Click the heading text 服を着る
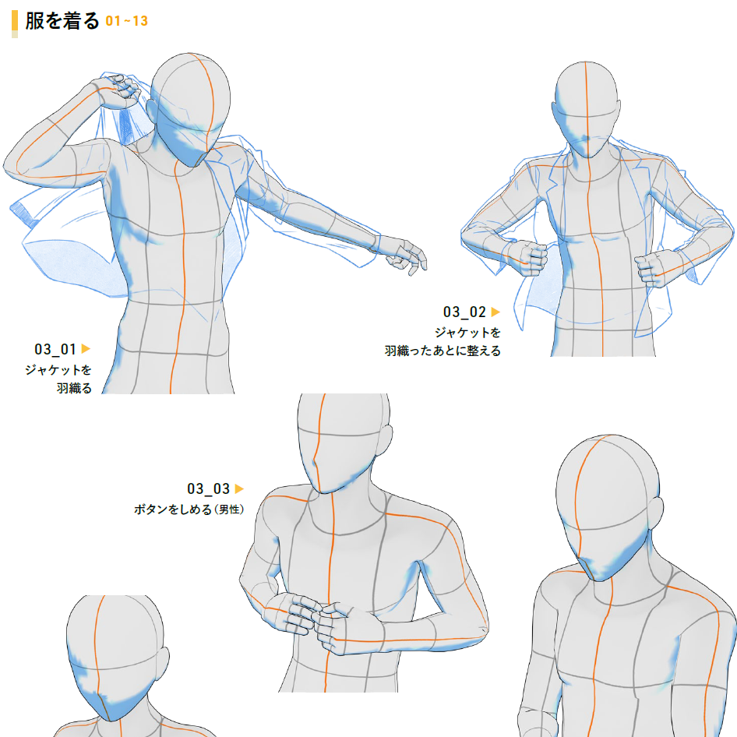click(62, 21)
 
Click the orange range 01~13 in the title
click(126, 21)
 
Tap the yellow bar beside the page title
click(15, 24)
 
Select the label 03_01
click(55, 349)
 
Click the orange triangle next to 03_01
click(86, 349)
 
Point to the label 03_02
click(464, 312)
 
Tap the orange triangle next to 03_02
click(495, 312)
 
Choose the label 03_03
click(208, 488)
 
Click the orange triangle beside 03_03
click(239, 488)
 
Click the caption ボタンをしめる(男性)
click(189, 510)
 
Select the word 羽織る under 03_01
click(74, 388)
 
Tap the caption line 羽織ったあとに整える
click(443, 351)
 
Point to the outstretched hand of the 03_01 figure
click(404, 256)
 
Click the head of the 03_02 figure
click(586, 109)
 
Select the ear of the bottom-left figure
click(163, 663)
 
